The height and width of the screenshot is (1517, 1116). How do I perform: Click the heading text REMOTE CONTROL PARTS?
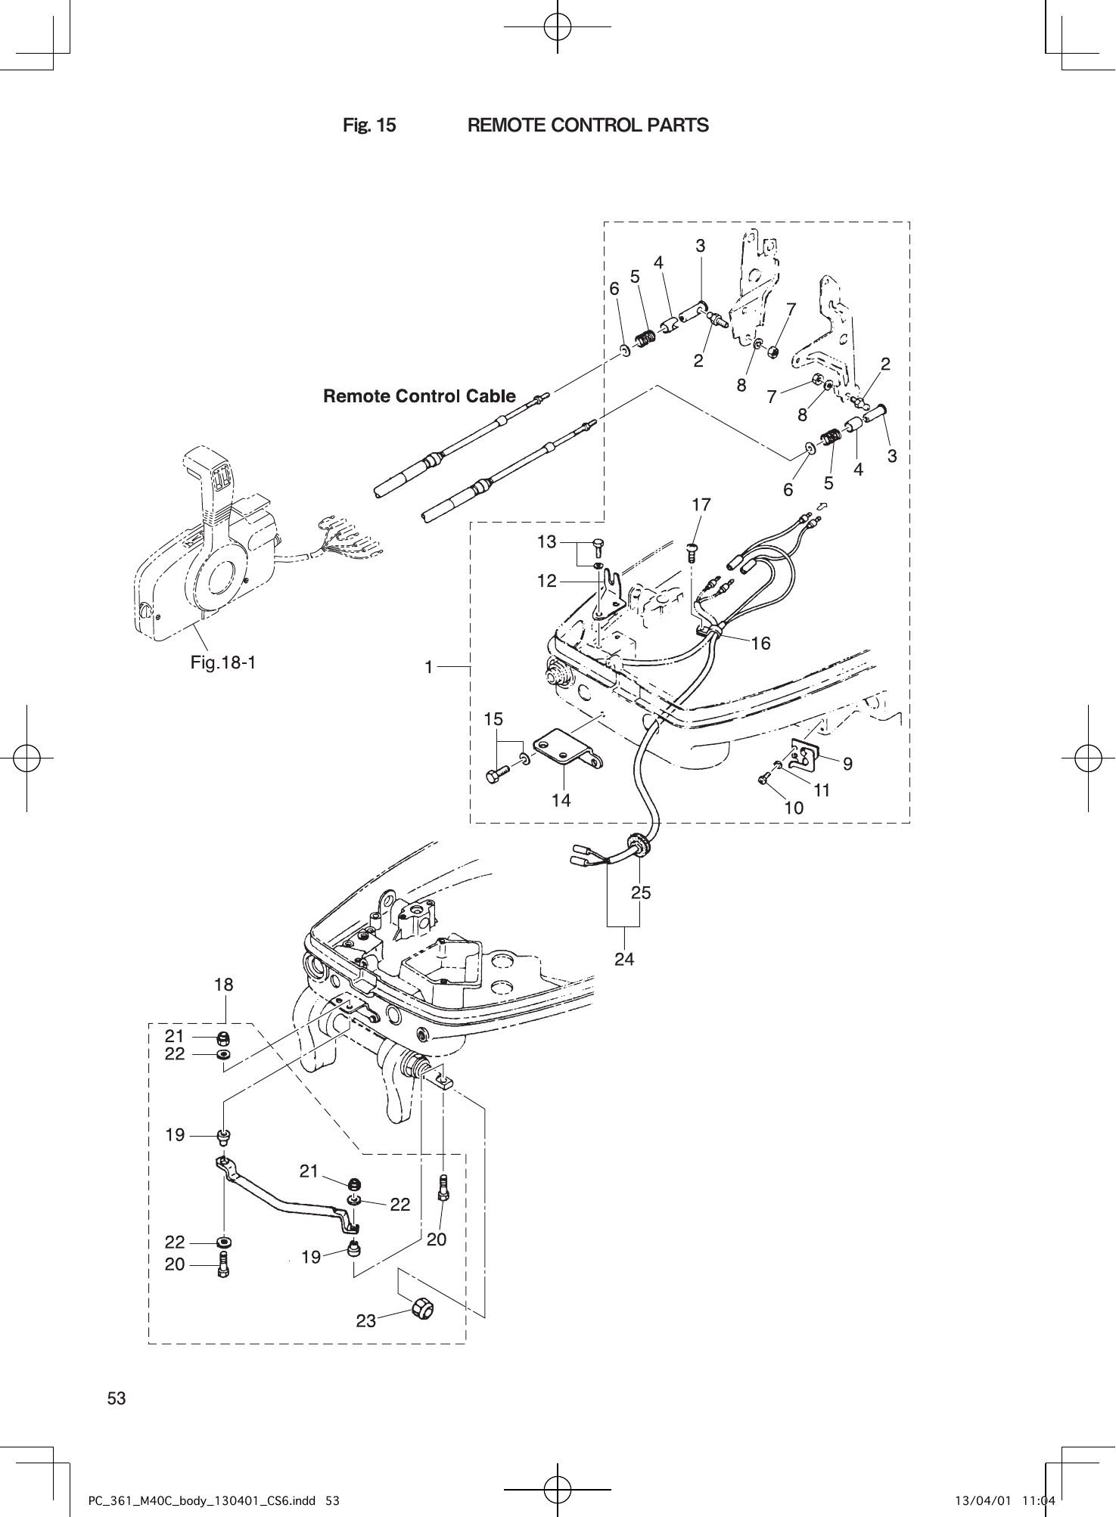click(588, 126)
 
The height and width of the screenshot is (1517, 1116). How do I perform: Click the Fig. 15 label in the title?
click(369, 126)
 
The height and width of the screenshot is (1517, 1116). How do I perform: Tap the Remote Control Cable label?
click(419, 396)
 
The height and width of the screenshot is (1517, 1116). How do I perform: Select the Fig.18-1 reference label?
click(223, 663)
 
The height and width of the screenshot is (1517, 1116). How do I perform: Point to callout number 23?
click(366, 1321)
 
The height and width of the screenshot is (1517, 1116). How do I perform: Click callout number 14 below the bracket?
click(561, 800)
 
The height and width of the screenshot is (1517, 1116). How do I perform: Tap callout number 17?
click(701, 504)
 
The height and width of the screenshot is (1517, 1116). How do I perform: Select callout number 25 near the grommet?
click(641, 892)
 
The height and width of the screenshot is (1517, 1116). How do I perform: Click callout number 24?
click(624, 959)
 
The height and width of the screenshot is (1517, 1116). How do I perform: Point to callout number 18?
click(224, 985)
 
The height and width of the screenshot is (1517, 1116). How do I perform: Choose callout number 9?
click(848, 765)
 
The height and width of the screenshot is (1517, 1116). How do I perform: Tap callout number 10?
click(794, 808)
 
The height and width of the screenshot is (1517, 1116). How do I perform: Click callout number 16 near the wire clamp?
click(760, 643)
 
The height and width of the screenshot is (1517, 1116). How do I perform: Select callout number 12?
click(547, 581)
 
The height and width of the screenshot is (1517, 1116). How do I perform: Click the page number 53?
click(117, 1398)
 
